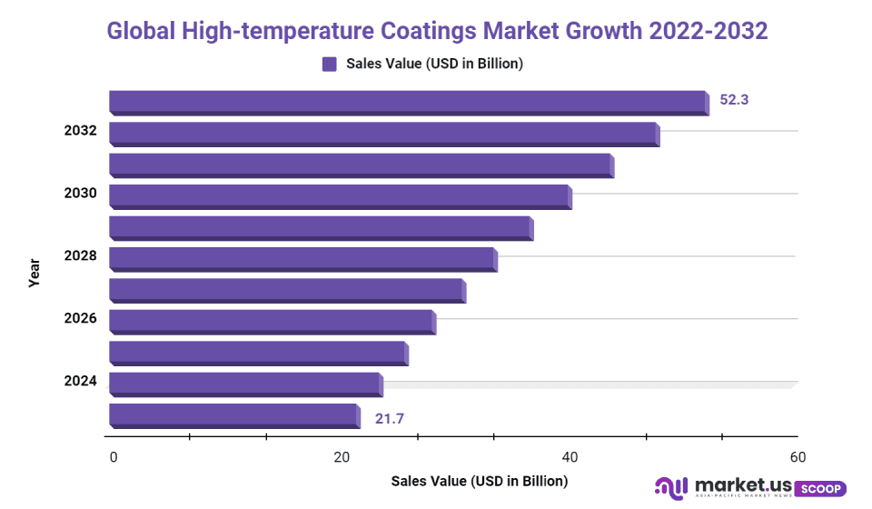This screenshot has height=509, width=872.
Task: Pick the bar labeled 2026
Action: [272, 321]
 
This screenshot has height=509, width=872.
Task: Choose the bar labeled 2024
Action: [245, 384]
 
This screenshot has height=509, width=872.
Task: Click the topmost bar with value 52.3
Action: [408, 102]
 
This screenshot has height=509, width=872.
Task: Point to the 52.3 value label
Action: [734, 100]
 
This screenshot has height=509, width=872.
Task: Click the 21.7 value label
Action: [389, 418]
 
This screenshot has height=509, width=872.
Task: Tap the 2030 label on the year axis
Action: [80, 194]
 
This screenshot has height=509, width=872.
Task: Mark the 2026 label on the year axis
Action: [80, 319]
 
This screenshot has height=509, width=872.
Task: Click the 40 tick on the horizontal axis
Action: [570, 456]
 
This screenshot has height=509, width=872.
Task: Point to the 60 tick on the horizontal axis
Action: [798, 456]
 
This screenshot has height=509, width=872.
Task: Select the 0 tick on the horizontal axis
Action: [114, 456]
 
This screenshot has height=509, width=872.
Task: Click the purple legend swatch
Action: [329, 64]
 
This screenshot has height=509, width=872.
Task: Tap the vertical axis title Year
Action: [35, 273]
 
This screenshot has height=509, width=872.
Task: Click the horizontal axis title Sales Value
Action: [479, 480]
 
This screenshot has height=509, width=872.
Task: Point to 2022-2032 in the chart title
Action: [708, 30]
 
